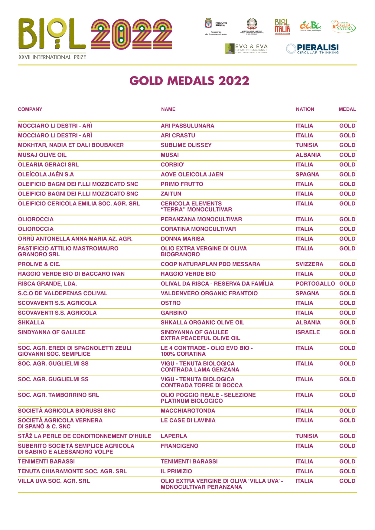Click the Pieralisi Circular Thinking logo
312,49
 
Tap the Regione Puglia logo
216,26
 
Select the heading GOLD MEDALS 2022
189,81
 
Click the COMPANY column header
30,109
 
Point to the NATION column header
305,109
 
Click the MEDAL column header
347,109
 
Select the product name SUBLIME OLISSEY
186,145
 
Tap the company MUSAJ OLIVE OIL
42,155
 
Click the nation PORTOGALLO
315,283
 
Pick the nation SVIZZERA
309,264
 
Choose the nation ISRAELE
308,332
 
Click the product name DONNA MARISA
183,239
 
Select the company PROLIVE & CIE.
39,264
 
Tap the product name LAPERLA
174,436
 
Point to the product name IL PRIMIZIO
176,471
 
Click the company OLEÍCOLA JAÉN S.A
46,174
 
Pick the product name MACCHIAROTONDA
188,411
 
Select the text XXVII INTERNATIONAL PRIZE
52,57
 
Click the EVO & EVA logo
246,49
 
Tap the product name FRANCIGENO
179,446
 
